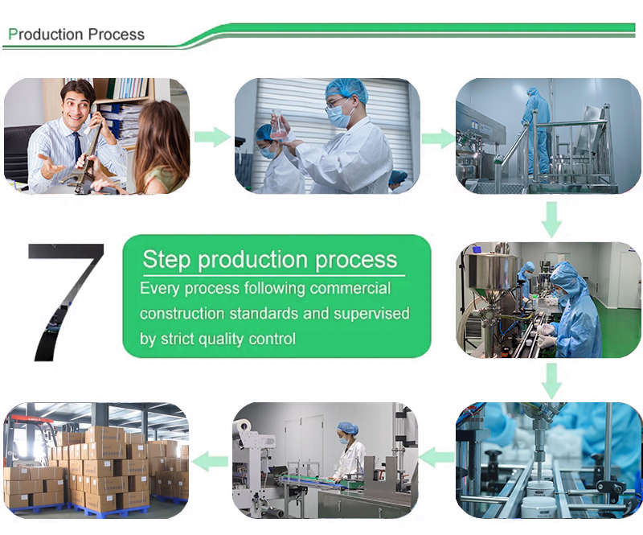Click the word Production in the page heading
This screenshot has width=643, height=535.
(46, 34)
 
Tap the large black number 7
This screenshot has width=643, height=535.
(66, 302)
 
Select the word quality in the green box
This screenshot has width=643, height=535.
(221, 340)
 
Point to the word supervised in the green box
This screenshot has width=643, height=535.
(371, 313)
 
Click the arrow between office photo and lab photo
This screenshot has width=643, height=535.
(212, 137)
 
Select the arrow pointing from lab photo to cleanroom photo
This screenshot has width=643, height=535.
(438, 138)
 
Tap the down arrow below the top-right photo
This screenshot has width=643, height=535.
(551, 220)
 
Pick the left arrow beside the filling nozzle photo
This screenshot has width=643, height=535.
(436, 458)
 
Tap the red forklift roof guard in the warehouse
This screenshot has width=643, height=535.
(30, 420)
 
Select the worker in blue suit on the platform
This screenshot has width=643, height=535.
(537, 130)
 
